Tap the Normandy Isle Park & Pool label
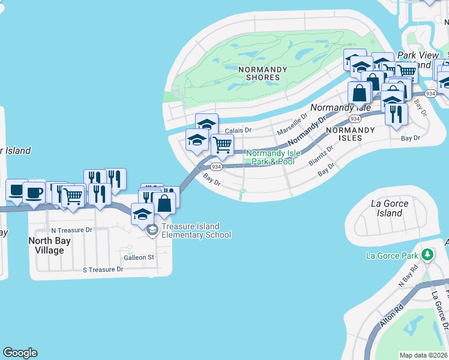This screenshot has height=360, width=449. tap(273, 157)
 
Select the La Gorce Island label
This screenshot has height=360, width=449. tap(390, 208)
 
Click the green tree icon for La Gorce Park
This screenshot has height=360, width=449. tap(427, 255)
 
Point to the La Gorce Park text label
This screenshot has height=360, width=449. tap(391, 256)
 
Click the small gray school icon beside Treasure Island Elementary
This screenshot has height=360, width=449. tap(152, 229)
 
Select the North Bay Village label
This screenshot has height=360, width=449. tap(50, 245)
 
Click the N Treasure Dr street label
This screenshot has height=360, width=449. tap(71, 230)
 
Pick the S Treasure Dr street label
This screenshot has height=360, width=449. tap(103, 269)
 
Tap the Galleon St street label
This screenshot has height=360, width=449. tap(139, 257)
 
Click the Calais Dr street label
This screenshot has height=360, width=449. tap(238, 130)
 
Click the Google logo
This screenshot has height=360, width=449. tap(20, 353)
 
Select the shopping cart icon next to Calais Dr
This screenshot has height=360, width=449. tap(222, 144)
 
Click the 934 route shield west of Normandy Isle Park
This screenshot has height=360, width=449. tap(217, 167)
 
